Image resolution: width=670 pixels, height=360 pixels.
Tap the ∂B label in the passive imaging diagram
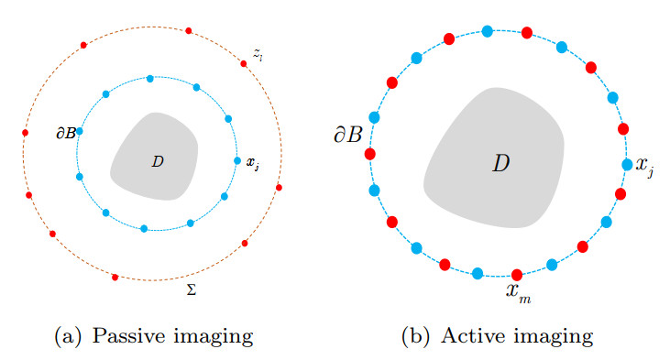pyautogui.click(x=65, y=133)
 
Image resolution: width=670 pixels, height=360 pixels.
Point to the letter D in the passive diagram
pyautogui.click(x=157, y=162)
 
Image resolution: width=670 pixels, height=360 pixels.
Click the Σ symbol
pyautogui.click(x=191, y=289)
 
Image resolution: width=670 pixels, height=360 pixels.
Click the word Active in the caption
pyautogui.click(x=472, y=337)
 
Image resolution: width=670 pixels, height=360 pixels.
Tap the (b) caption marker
pyautogui.click(x=421, y=337)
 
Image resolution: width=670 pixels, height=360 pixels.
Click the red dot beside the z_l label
pyautogui.click(x=244, y=63)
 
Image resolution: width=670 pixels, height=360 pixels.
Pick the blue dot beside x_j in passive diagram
pyautogui.click(x=237, y=160)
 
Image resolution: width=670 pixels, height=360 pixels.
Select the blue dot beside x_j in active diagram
pyautogui.click(x=627, y=165)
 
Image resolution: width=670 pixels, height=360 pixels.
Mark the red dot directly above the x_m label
pyautogui.click(x=516, y=274)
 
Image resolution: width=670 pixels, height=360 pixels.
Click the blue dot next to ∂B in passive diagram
pyautogui.click(x=80, y=131)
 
